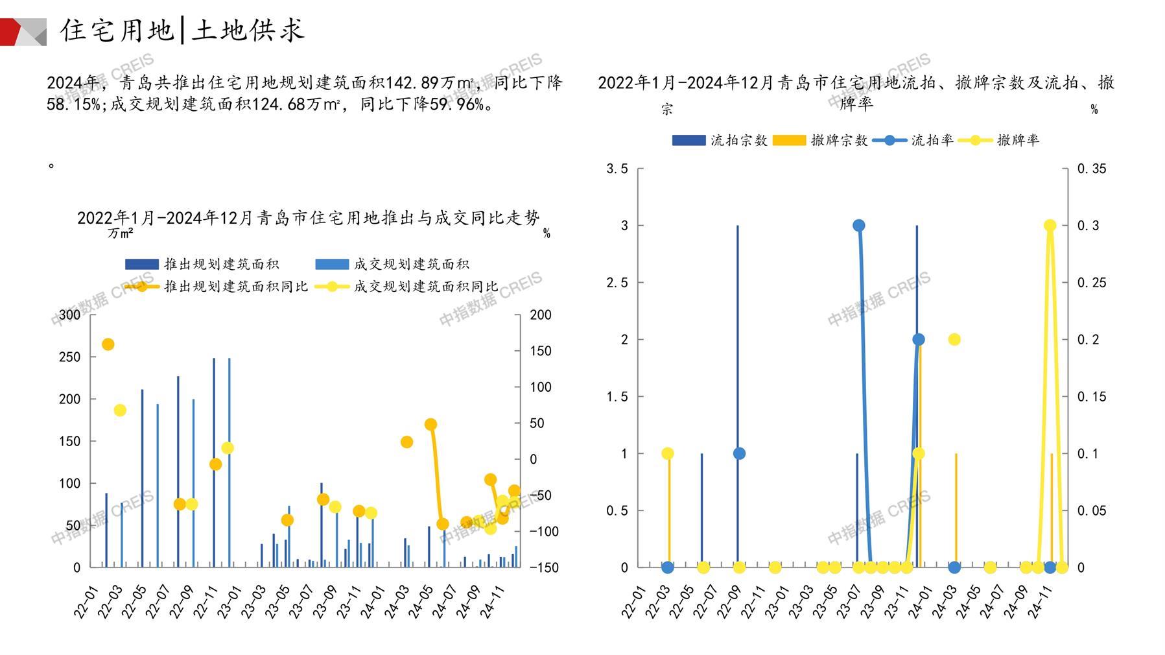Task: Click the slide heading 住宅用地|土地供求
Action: pyautogui.click(x=182, y=30)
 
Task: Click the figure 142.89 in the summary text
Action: pyautogui.click(x=412, y=83)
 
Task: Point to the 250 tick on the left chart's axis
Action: pyautogui.click(x=70, y=357)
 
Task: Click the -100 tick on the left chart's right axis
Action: pyautogui.click(x=543, y=531)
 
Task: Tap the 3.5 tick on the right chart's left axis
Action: pyautogui.click(x=617, y=169)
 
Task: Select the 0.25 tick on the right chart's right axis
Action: pyautogui.click(x=1092, y=283)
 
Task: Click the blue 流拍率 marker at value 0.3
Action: pyautogui.click(x=859, y=226)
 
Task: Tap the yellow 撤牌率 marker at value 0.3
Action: pyautogui.click(x=1050, y=226)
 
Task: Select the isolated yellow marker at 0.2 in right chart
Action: pyautogui.click(x=954, y=339)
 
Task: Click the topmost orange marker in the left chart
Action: pyautogui.click(x=108, y=344)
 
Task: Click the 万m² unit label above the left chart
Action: pyautogui.click(x=121, y=233)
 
